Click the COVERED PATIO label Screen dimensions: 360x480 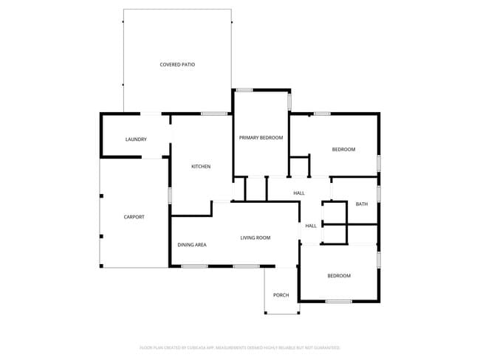(177, 65)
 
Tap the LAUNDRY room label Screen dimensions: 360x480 (136, 139)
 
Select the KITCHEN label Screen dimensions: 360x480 (201, 167)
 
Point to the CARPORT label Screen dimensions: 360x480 (134, 217)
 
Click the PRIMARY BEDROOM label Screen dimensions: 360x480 (261, 138)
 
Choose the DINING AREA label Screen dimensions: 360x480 (191, 244)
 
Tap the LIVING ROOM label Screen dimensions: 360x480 (256, 238)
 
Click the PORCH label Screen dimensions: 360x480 (281, 296)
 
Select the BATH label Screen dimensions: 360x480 (361, 204)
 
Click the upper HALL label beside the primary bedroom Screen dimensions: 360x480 (299, 193)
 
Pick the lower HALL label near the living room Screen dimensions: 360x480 (311, 226)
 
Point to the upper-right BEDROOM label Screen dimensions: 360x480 (343, 150)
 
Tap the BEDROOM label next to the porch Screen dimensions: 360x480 (339, 276)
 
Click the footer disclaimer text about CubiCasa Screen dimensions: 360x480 (239, 347)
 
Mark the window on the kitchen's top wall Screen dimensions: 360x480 (214, 113)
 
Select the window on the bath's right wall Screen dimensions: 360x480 (379, 193)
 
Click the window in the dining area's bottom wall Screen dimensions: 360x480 (194, 266)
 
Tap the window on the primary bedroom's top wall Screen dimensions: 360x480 (244, 90)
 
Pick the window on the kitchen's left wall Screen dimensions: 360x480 (171, 195)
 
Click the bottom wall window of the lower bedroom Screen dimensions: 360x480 (338, 301)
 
